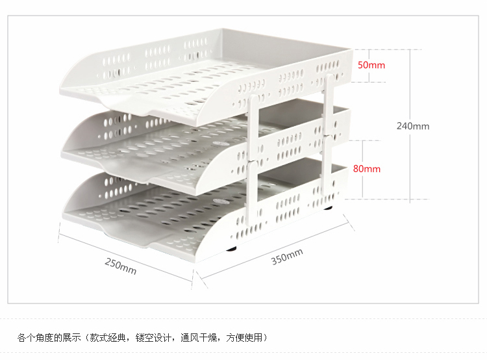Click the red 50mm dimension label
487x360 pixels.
tap(371, 65)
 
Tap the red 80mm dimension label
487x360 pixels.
tap(366, 169)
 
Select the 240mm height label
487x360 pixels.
tap(413, 126)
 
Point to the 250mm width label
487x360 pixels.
tap(121, 266)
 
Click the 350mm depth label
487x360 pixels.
tap(287, 257)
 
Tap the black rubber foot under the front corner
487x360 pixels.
tap(231, 248)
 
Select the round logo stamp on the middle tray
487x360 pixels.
tap(221, 144)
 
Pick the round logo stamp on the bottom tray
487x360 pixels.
tap(220, 201)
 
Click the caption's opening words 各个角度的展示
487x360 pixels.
tap(49, 337)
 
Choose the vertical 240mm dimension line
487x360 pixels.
tap(410, 124)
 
